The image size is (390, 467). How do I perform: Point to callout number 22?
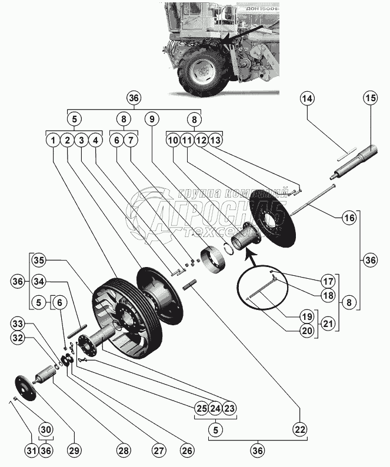pyautogui.click(x=300, y=431)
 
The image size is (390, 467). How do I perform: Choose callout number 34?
pyautogui.click(x=39, y=281)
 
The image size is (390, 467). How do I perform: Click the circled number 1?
pyautogui.click(x=54, y=141)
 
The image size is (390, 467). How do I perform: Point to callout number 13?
pyautogui.click(x=216, y=141)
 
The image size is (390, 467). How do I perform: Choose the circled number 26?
pyautogui.click(x=186, y=451)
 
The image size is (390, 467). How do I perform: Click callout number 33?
pyautogui.click(x=18, y=323)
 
